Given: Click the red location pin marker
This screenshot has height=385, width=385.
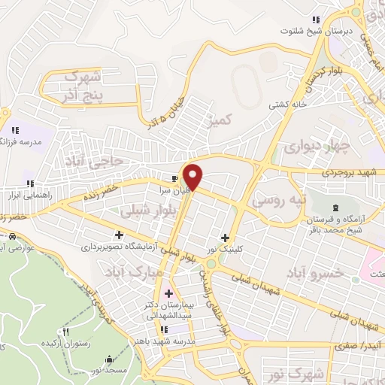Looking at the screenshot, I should (194, 177).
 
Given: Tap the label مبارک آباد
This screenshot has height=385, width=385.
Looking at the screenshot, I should (127, 269).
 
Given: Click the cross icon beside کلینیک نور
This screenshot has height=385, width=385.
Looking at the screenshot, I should (225, 238).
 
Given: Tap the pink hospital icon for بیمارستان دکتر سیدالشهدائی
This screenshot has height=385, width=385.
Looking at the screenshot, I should (168, 293).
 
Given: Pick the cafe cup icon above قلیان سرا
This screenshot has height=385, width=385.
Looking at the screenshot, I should (175, 179).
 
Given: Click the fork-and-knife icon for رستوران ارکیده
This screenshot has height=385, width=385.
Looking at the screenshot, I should (66, 332).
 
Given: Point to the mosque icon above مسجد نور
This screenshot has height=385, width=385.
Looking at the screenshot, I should (111, 359).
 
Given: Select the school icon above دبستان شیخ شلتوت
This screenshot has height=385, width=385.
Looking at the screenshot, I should (317, 20).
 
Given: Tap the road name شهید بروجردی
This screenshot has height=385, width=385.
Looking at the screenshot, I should (353, 172).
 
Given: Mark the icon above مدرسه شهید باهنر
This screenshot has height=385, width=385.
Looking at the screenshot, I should (164, 328).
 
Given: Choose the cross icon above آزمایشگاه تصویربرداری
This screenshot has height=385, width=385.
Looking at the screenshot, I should (119, 235).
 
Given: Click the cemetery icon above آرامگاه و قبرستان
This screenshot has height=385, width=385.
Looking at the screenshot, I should (335, 207).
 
